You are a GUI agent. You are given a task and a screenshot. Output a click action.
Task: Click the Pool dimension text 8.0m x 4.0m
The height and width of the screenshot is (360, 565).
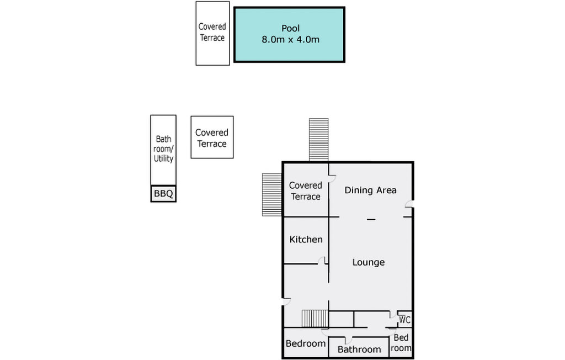click(x=290, y=40)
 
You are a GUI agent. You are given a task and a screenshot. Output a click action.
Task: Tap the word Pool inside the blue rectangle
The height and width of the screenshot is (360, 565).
click(x=290, y=28)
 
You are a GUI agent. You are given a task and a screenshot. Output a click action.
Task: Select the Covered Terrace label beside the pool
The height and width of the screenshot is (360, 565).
click(x=212, y=32)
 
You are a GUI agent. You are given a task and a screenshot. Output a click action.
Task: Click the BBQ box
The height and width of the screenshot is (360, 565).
click(x=163, y=193)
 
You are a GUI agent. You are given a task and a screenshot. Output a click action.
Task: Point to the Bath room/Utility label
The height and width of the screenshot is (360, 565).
click(x=163, y=149)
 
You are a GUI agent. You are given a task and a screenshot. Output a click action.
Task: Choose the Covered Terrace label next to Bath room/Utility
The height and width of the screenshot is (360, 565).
click(x=212, y=138)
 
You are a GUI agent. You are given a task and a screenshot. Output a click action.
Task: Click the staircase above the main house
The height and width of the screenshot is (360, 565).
click(x=319, y=140)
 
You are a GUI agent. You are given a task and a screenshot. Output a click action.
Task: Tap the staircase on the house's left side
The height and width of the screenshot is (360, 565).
click(x=272, y=195)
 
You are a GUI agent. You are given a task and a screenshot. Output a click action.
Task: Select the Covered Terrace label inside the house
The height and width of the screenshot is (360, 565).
click(x=306, y=191)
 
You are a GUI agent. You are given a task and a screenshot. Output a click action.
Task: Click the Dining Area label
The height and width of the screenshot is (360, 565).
click(x=370, y=190)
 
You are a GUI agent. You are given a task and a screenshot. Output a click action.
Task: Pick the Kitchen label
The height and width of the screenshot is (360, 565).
click(x=306, y=240)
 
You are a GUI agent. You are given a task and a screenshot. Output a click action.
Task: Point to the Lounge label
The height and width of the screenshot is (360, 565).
click(x=369, y=262)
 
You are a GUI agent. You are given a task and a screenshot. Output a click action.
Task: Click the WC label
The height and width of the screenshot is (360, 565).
click(x=404, y=320)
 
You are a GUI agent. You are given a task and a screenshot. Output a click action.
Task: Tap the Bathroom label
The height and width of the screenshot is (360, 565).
click(x=359, y=349)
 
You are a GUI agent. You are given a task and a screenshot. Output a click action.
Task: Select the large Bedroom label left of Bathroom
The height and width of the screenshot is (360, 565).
click(x=306, y=343)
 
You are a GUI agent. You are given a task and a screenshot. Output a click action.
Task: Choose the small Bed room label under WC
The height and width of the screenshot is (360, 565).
click(x=401, y=343)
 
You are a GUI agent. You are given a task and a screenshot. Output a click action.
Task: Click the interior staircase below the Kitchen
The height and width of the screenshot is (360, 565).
click(x=315, y=319)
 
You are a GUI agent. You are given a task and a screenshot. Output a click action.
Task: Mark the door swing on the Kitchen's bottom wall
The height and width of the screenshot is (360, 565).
click(x=322, y=261)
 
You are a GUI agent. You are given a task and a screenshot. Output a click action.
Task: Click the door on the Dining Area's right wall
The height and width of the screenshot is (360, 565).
click(x=409, y=204)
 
